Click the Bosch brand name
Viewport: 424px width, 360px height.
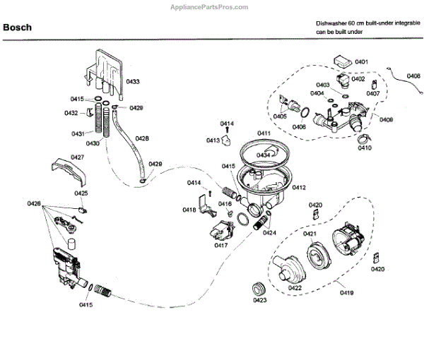coord(20,28)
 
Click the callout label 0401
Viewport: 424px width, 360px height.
coord(361,62)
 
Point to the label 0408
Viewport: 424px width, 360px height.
coord(413,76)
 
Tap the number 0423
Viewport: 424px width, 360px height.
coord(259,301)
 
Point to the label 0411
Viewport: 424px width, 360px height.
coord(264,133)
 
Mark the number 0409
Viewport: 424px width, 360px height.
coord(386,119)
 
